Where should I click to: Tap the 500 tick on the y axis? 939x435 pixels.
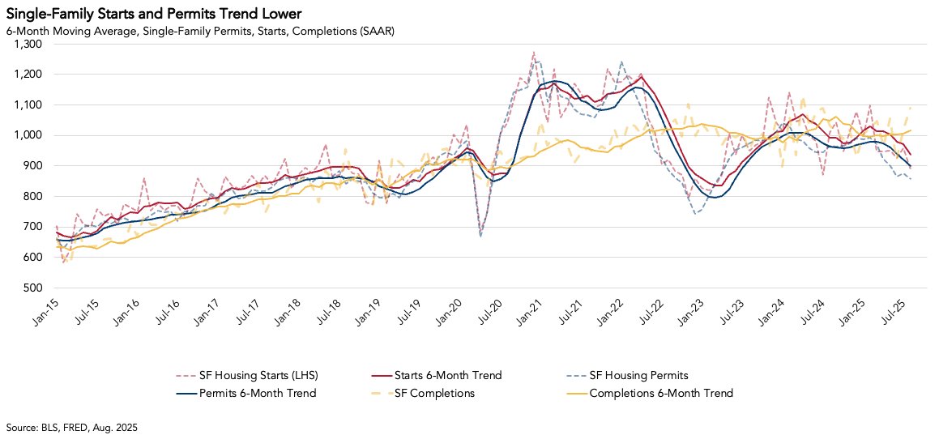click(32, 288)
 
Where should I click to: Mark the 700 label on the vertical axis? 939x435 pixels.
click(32, 227)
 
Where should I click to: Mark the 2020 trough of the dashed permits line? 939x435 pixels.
click(480, 236)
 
